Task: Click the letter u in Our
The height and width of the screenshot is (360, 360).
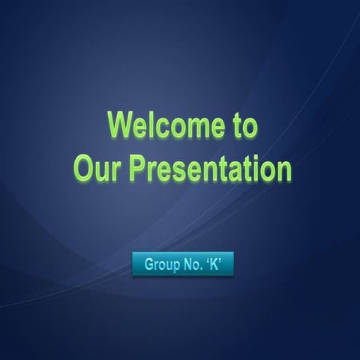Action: click(102, 172)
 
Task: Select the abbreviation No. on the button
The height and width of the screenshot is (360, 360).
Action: click(192, 264)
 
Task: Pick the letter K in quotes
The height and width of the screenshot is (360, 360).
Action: click(214, 264)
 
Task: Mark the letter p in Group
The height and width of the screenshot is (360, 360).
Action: click(174, 265)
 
